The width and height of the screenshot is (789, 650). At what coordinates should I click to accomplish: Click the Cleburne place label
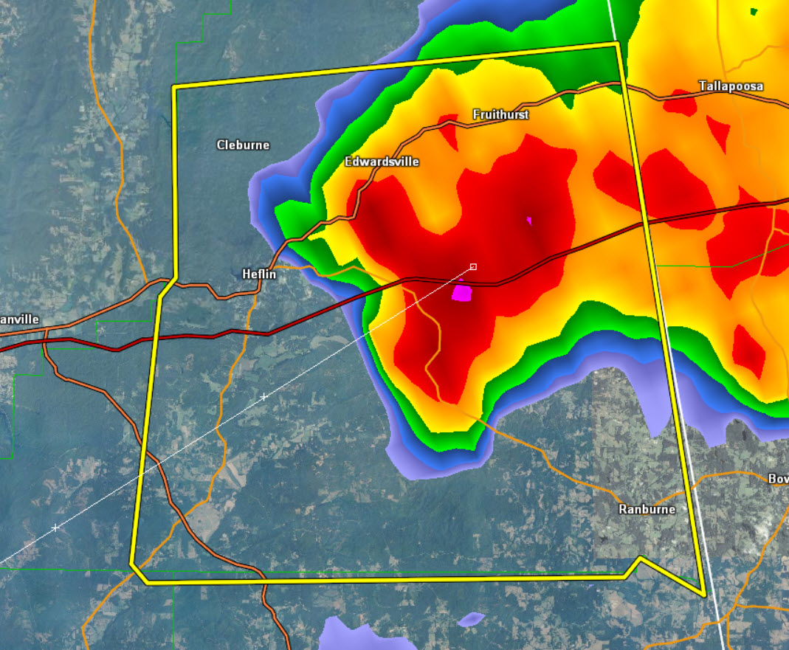(x=243, y=145)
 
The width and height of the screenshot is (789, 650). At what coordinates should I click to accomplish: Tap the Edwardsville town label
(x=382, y=161)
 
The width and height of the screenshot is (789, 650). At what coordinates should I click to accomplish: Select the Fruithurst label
(x=500, y=114)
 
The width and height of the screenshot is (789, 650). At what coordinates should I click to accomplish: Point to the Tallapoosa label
(x=731, y=86)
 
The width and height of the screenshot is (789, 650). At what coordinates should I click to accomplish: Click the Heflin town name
(x=259, y=274)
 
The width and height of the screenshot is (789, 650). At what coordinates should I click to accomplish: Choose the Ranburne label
(x=647, y=509)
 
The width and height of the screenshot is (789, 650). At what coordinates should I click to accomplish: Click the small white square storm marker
(x=473, y=266)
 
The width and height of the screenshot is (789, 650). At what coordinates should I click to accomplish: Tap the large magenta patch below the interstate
(x=462, y=293)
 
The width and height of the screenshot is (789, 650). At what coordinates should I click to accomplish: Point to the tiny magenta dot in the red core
(x=528, y=220)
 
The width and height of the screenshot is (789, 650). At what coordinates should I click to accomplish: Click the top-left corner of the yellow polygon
(x=174, y=87)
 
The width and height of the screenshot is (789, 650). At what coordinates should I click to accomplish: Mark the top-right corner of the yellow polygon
(x=617, y=44)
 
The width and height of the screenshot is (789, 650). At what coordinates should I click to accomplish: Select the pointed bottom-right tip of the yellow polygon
(x=704, y=594)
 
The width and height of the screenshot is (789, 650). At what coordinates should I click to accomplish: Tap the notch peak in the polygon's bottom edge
(x=640, y=559)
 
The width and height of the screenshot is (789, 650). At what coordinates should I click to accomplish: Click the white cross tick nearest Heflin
(x=263, y=397)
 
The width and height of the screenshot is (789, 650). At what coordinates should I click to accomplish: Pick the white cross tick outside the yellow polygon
(x=55, y=528)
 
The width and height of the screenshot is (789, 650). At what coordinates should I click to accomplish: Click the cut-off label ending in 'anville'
(x=18, y=319)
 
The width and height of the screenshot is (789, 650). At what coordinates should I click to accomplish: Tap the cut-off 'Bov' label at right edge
(x=778, y=478)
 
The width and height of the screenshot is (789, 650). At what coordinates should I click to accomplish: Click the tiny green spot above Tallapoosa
(x=754, y=11)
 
